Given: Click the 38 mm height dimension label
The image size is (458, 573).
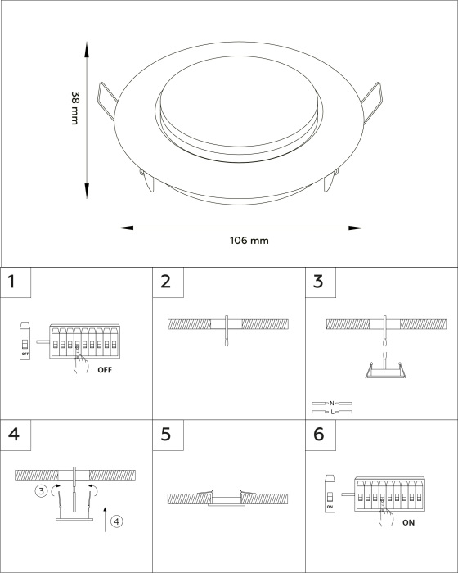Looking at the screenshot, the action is [x=75, y=108].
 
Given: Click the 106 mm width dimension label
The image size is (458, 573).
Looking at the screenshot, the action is [x=249, y=241].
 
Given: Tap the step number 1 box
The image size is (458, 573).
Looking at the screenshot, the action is [x=16, y=282].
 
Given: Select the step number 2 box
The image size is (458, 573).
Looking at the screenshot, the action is [x=168, y=282].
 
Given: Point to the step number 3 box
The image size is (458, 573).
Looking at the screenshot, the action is [x=321, y=282].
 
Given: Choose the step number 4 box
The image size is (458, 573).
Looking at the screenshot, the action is [x=16, y=435].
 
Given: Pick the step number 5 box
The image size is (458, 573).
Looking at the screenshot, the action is [x=168, y=435].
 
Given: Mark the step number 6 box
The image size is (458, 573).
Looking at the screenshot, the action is [x=321, y=435].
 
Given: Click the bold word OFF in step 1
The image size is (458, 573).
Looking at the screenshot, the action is [x=105, y=370].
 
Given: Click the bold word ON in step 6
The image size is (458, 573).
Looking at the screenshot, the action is [x=408, y=523].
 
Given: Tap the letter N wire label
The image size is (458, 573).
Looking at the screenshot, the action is [x=331, y=403].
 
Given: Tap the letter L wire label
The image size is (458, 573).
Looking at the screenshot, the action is [x=332, y=412].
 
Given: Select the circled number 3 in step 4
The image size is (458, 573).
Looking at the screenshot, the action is [x=41, y=491].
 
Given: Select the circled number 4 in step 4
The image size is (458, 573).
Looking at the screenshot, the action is [x=116, y=521].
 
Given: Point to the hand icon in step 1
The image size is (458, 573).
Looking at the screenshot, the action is [x=80, y=363].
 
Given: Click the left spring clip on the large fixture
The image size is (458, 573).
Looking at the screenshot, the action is [x=107, y=101].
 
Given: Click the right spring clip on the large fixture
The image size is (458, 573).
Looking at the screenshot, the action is [x=372, y=102].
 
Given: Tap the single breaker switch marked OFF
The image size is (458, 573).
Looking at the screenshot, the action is [x=25, y=341].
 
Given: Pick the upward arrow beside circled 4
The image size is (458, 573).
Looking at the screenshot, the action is [x=105, y=519].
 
